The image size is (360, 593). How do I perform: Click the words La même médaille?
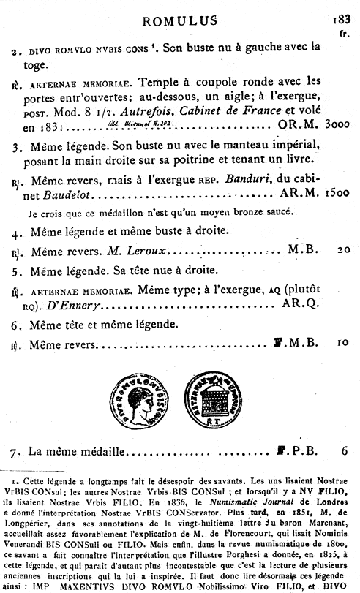pos(72,451)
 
